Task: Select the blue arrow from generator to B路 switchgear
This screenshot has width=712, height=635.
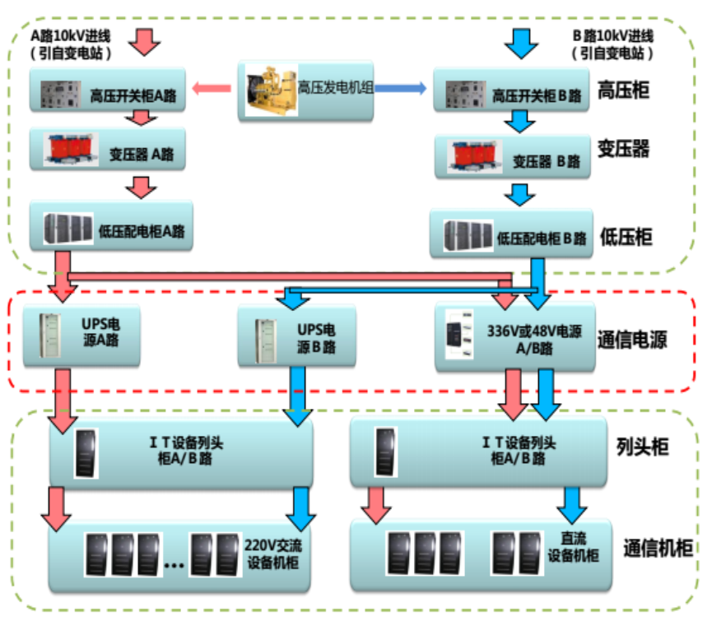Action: [x=400, y=87]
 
